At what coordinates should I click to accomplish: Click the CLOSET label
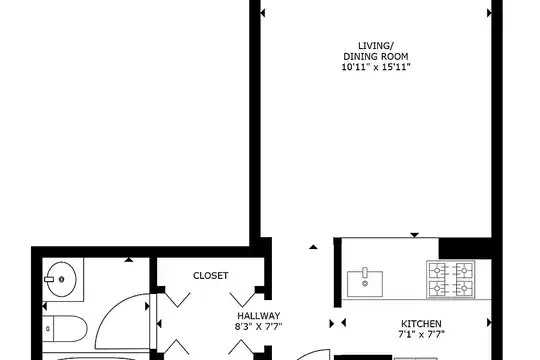click(x=210, y=276)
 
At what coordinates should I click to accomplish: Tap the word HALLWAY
click(x=259, y=316)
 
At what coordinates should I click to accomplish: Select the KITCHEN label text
click(x=421, y=324)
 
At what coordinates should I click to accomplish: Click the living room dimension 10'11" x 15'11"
click(x=376, y=67)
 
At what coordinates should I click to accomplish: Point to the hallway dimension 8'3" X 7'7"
click(x=259, y=326)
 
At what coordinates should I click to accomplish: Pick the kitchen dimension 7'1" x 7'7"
click(x=421, y=334)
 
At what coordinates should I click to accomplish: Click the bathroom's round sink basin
click(x=62, y=279)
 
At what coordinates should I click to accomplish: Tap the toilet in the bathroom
click(x=65, y=329)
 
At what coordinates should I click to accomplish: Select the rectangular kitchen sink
click(x=365, y=284)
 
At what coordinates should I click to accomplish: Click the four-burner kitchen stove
click(x=450, y=279)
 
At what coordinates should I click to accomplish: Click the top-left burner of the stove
click(x=437, y=270)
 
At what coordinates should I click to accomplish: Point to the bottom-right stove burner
click(x=464, y=287)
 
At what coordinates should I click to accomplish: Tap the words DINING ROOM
click(x=376, y=56)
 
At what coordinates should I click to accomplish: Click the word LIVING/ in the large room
click(x=376, y=46)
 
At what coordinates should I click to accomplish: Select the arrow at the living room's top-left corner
click(x=262, y=13)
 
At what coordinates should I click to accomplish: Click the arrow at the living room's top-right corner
click(x=489, y=13)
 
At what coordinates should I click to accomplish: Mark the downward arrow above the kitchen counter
click(x=415, y=235)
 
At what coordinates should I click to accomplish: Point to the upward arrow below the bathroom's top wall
click(x=129, y=259)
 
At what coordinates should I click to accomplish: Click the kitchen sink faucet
click(x=365, y=273)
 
